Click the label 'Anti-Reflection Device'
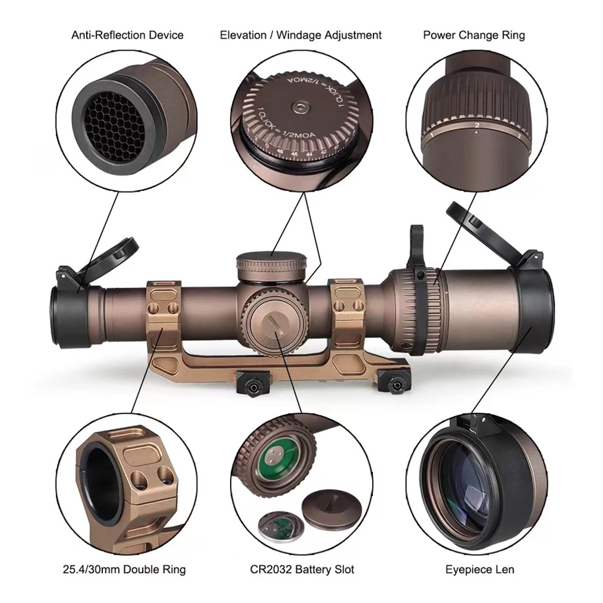tap(127, 35)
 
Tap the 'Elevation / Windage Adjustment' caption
tap(301, 35)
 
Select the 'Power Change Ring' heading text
tap(474, 35)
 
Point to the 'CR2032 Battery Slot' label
tap(301, 569)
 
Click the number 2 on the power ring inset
tap(476, 126)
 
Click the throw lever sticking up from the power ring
tap(417, 243)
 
